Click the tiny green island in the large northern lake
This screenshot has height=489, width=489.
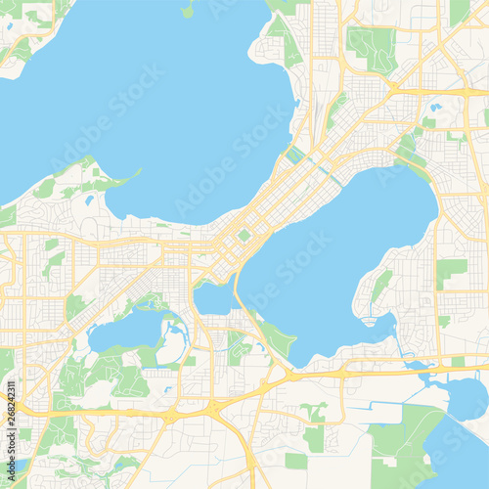coord(187,11)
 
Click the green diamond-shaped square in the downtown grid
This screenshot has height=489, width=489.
coord(244,235)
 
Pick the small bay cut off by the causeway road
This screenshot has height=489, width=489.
coord(212,298)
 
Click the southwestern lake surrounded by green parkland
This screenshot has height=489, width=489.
coord(125,332)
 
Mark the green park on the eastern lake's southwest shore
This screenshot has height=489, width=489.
coord(277,338)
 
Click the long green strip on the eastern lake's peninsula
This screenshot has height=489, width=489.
coord(380,285)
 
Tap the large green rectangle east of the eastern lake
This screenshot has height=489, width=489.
coord(451,271)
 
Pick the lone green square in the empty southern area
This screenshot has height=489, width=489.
coord(295,460)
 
